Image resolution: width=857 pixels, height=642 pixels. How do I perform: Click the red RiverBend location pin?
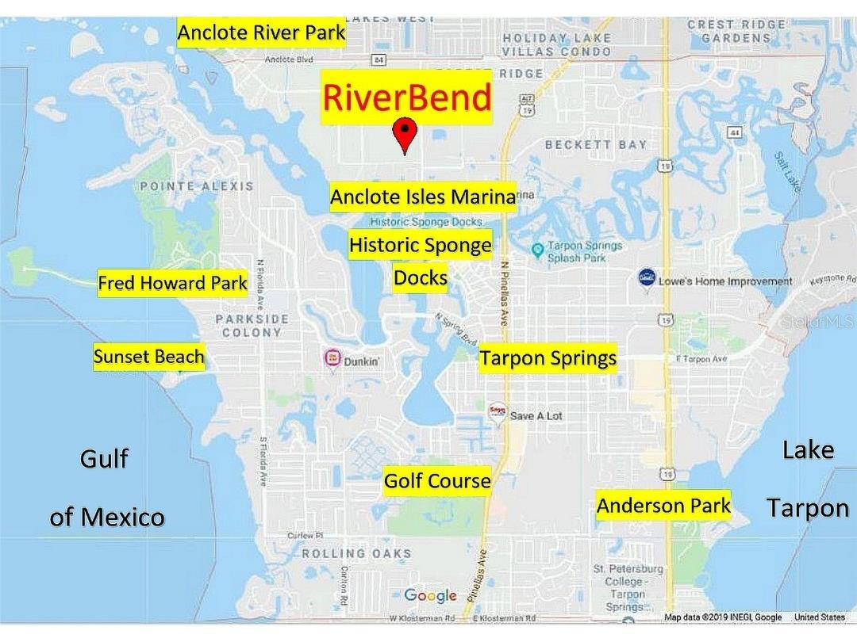click(x=405, y=133)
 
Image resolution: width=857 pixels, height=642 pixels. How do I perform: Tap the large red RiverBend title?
click(x=406, y=97)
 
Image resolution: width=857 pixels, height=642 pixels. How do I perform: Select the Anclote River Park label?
click(x=261, y=32)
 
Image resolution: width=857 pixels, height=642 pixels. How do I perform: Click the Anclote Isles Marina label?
click(x=423, y=197)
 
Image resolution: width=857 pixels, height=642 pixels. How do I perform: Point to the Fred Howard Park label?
click(x=172, y=283)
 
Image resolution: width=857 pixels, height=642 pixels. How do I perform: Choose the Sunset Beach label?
click(x=148, y=357)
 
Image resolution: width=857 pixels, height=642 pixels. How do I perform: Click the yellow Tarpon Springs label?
click(x=548, y=358)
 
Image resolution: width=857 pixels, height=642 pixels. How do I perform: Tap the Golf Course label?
click(x=437, y=481)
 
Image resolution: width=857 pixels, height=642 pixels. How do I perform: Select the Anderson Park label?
click(x=663, y=506)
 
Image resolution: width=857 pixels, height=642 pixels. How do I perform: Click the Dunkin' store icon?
click(x=332, y=359)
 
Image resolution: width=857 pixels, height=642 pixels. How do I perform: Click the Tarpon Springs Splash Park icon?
click(x=537, y=250)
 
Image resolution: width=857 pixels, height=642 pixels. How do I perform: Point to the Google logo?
click(x=430, y=595)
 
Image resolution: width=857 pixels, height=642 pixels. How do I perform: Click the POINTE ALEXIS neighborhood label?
click(x=197, y=186)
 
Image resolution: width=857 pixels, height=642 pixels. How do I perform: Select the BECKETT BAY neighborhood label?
click(x=596, y=145)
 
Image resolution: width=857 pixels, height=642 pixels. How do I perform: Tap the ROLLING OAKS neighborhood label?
click(x=356, y=553)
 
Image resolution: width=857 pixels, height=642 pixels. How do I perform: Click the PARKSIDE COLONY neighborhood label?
click(x=252, y=326)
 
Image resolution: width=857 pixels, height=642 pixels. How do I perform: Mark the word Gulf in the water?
click(x=104, y=459)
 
